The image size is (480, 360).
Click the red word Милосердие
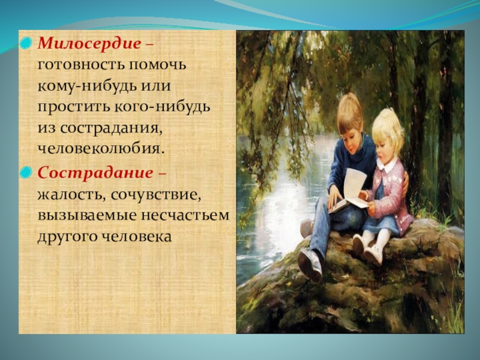89,43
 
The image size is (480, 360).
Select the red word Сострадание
95,173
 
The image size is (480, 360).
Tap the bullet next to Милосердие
26,43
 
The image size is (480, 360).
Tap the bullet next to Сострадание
26,173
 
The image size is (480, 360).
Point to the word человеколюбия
99,149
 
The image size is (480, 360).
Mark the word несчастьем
185,215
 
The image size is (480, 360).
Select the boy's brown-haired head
350,122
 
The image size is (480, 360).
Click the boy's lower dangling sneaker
310,265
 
